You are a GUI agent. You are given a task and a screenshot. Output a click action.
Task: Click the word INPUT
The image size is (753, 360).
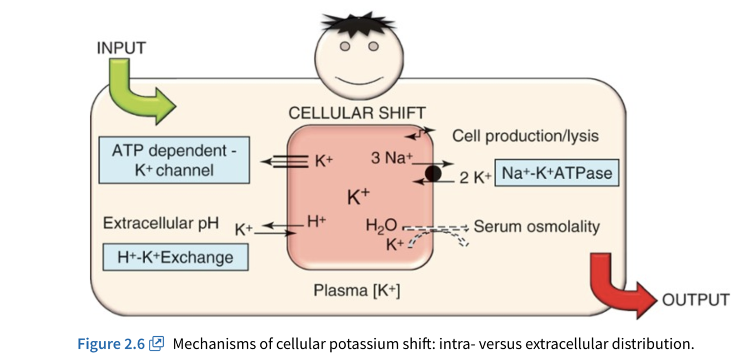(121, 48)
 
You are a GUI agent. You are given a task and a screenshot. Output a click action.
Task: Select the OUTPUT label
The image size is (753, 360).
(695, 300)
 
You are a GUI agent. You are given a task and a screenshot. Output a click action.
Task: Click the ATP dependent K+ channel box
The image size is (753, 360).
(174, 160)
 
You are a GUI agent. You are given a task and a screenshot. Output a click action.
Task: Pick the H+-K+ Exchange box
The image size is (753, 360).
(175, 257)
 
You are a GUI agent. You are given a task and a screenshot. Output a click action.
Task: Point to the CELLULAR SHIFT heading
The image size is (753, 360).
(357, 113)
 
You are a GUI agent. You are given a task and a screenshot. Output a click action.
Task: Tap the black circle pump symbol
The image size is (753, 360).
(433, 173)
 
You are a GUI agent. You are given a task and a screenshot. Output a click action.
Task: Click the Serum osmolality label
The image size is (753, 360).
(536, 227)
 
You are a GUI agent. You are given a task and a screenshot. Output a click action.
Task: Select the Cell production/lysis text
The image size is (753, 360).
(526, 136)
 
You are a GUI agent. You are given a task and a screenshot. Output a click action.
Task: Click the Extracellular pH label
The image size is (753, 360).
(160, 223)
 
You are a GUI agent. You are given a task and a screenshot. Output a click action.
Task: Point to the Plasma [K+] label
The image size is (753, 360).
(357, 291)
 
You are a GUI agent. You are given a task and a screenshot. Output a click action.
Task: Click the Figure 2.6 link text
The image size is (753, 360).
(111, 343)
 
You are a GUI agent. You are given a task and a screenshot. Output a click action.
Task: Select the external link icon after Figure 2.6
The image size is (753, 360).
(156, 343)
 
